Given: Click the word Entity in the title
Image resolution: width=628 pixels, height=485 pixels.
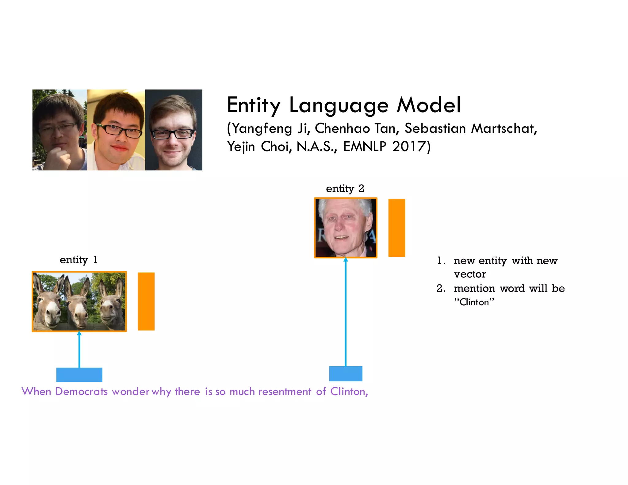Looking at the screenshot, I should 253,105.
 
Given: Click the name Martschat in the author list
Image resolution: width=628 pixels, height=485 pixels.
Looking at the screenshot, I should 504,128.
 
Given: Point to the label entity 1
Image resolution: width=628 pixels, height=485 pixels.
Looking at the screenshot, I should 78,260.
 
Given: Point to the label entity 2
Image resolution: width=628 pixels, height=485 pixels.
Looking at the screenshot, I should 345,189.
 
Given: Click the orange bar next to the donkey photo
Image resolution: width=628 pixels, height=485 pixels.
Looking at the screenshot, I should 146,301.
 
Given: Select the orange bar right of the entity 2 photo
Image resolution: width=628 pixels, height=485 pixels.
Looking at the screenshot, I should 396,228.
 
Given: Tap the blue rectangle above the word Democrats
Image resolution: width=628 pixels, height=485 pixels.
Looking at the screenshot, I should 79,375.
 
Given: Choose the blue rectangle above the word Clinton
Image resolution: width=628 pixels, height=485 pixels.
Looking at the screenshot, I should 346,374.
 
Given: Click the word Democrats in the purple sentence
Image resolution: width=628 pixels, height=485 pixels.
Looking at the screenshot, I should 81,391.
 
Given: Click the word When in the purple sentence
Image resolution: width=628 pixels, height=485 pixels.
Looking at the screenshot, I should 36,391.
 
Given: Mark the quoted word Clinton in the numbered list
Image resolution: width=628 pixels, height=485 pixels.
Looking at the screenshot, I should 474,302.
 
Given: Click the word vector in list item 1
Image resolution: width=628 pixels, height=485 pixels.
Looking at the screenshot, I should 470,274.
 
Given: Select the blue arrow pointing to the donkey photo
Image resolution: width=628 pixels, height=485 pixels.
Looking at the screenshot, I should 79,349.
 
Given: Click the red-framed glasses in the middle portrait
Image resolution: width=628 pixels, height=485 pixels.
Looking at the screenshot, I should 120,130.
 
